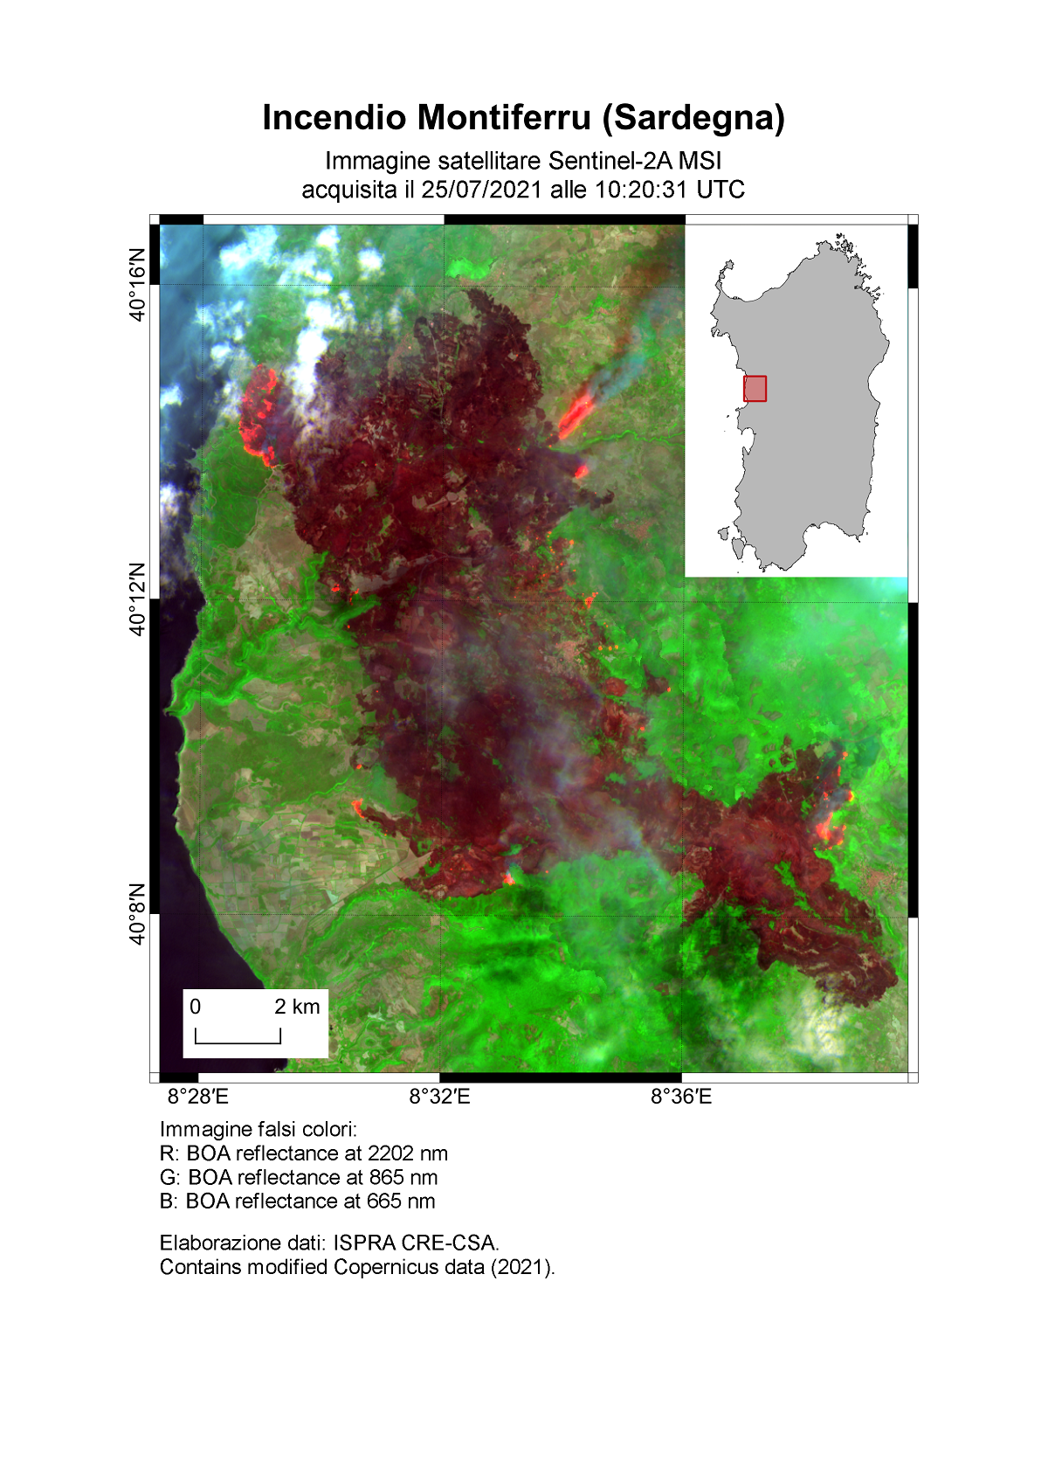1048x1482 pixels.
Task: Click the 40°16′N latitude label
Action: (x=137, y=285)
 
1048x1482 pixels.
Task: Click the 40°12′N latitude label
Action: (x=137, y=599)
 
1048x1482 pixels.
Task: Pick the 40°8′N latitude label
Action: (x=137, y=914)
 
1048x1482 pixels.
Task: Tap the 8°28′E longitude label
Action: (x=198, y=1097)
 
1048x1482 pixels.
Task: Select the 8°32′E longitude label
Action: (x=439, y=1097)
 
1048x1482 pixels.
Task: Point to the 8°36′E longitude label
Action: (x=681, y=1097)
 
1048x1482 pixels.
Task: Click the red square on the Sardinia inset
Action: (x=755, y=389)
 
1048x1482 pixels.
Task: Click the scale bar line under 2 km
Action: (x=238, y=1042)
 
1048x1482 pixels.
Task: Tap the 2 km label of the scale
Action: (x=297, y=1007)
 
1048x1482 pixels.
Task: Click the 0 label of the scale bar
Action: (x=196, y=1007)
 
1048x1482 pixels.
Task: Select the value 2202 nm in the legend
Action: (x=408, y=1153)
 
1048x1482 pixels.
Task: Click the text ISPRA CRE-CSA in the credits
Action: (x=415, y=1243)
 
